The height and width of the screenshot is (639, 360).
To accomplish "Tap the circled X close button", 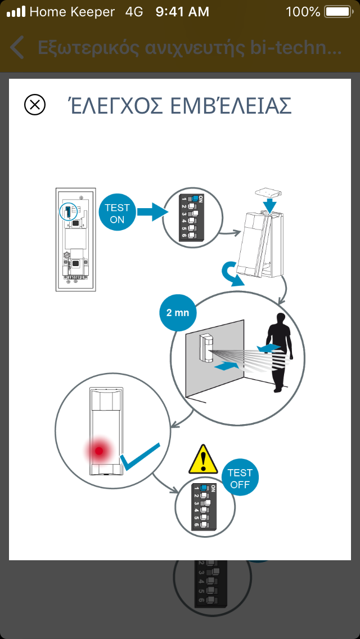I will coord(35,105).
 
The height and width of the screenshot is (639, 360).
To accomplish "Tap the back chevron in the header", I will coord(17,48).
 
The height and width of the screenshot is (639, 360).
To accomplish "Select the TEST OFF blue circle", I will coord(240,479).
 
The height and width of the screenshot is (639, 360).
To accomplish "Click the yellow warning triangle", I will coord(203,459).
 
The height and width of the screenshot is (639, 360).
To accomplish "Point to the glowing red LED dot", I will coord(99,450).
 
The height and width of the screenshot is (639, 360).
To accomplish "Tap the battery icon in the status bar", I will coord(338,11).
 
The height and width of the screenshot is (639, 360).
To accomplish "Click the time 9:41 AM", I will coord(182,11).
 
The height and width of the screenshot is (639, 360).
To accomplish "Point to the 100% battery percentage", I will coord(303,11).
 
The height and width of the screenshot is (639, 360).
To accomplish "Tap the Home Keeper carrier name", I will coord(72,11).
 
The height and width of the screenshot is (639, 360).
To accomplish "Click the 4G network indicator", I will coord(134,11).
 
